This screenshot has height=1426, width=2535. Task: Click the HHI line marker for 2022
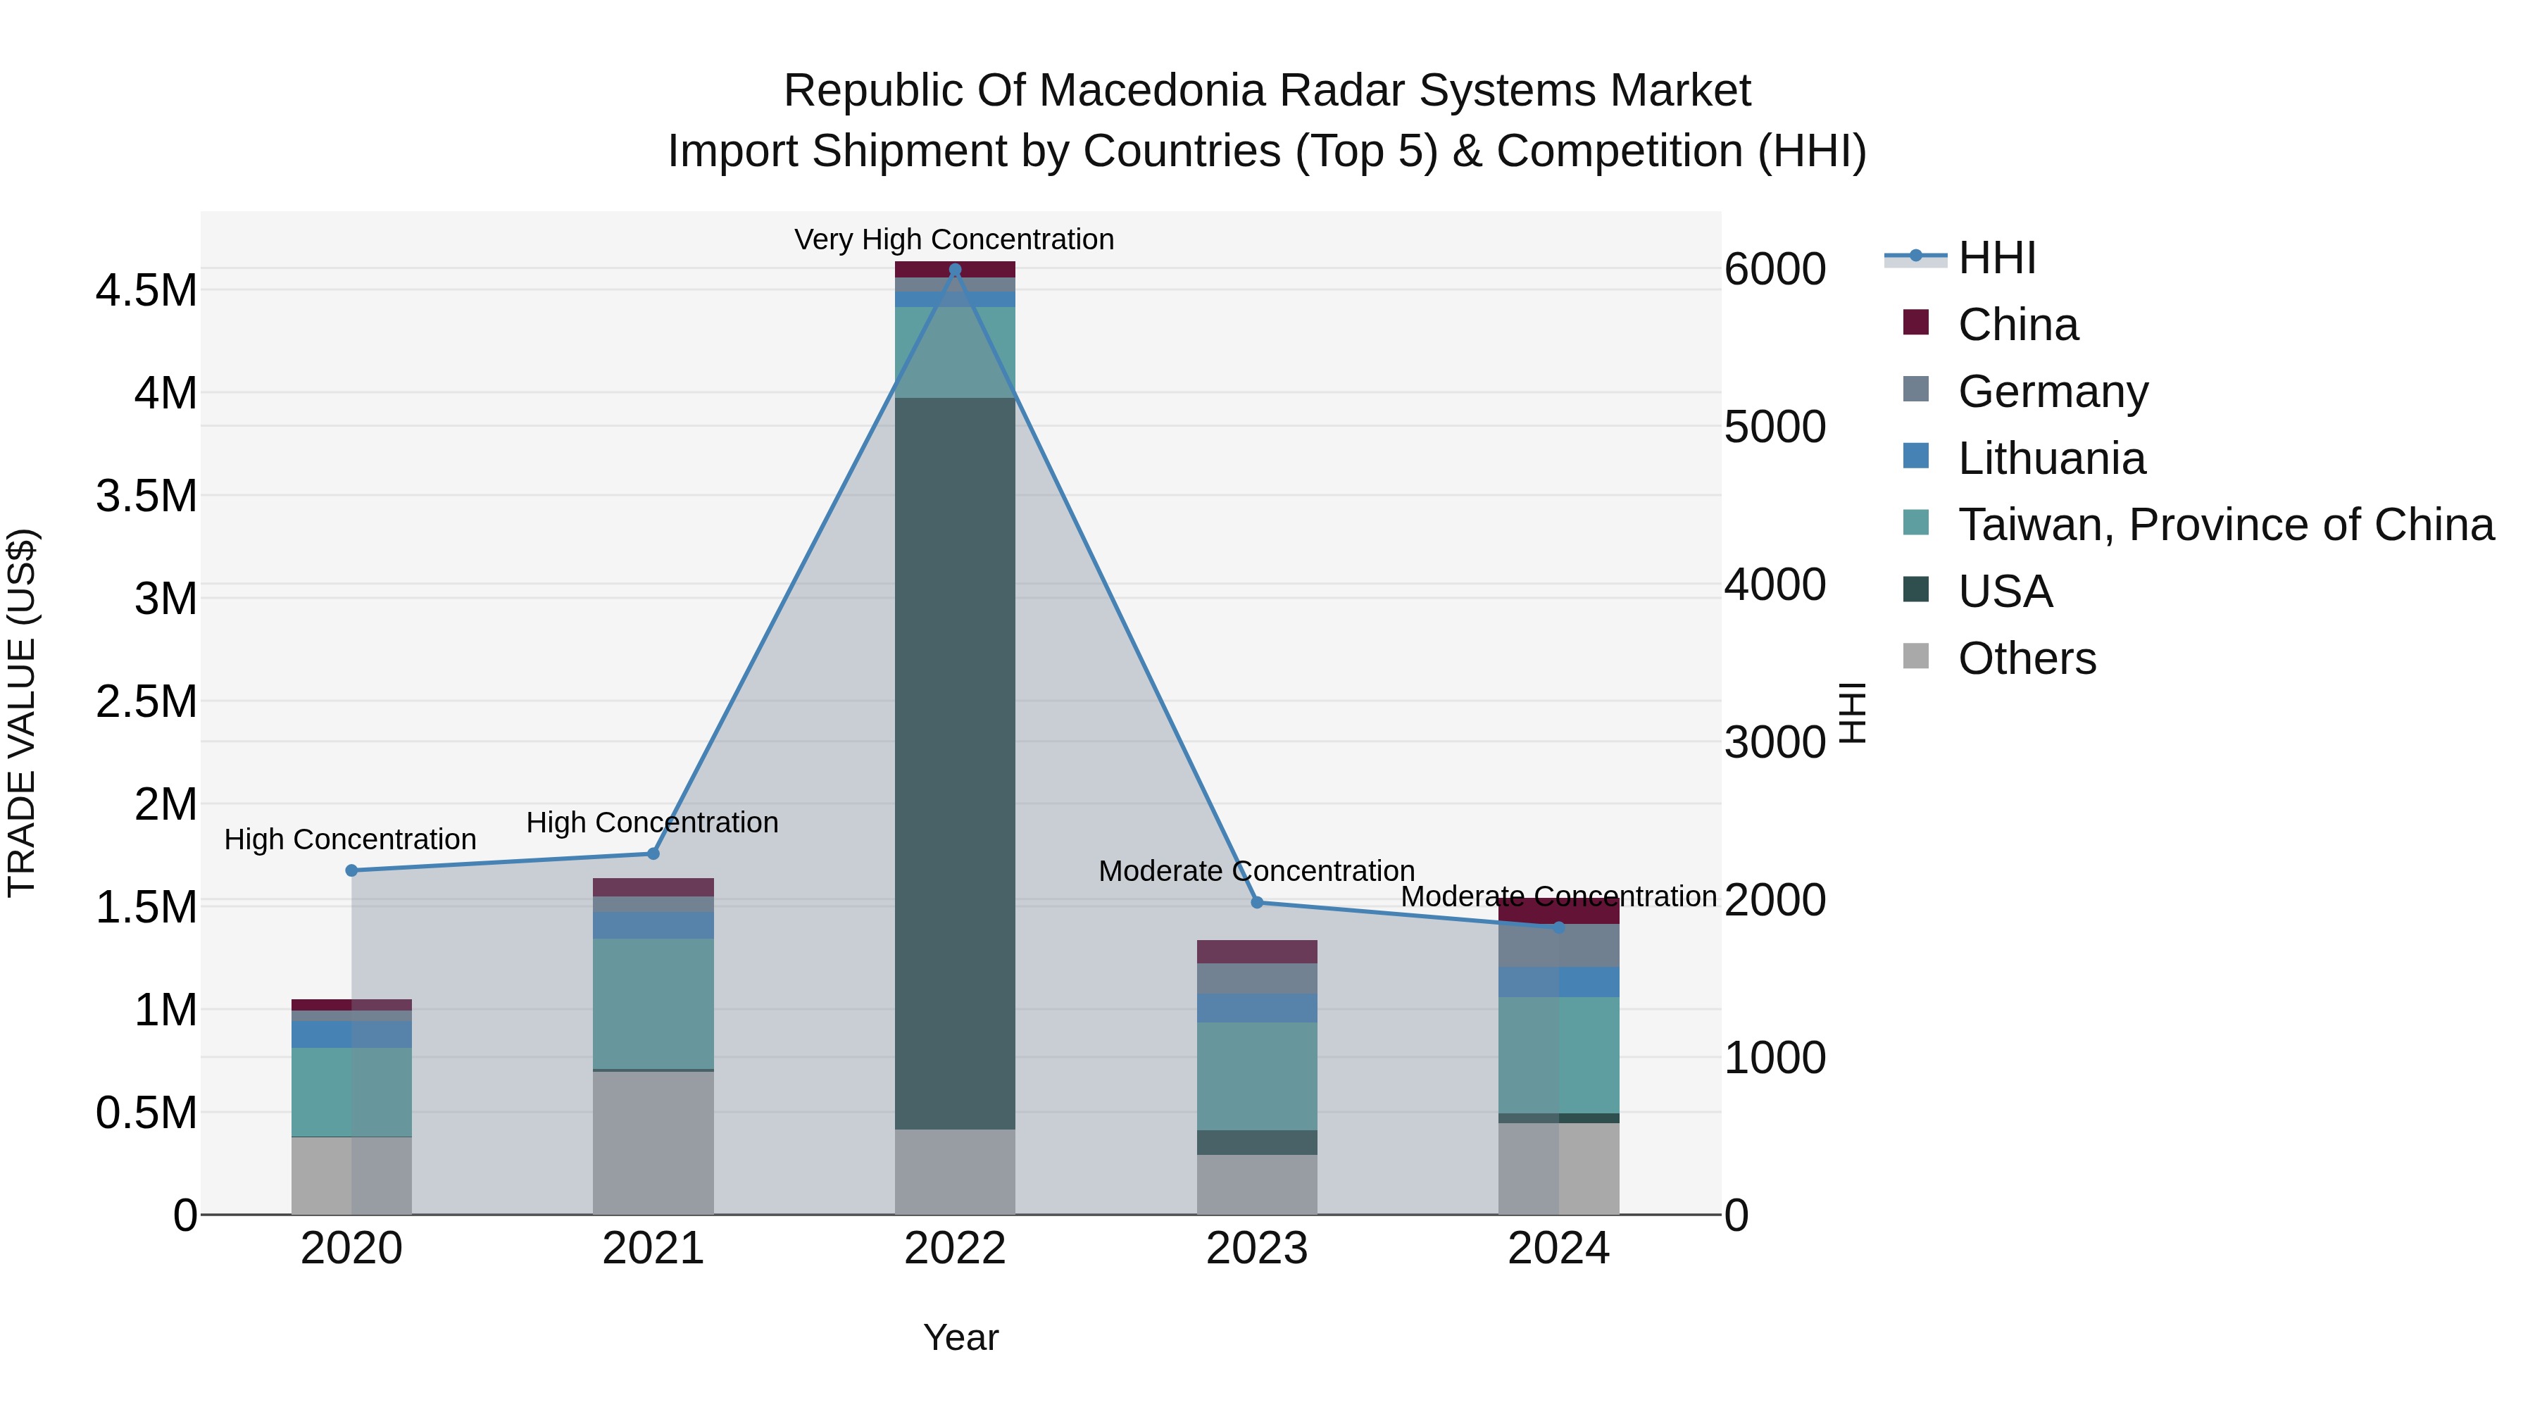click(x=955, y=270)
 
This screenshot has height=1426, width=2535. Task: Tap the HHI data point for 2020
click(x=351, y=870)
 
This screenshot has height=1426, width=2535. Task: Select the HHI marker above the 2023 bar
click(x=1257, y=903)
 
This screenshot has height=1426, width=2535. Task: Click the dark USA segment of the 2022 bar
click(x=955, y=763)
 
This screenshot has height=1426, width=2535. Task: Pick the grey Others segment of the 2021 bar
click(x=653, y=1142)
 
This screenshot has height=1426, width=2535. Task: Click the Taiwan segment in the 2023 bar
click(x=1257, y=1075)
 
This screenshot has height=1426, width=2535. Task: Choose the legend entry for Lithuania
click(x=2051, y=458)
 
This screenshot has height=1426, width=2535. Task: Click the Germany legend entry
click(x=2053, y=392)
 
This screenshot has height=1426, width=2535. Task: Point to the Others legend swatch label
click(x=2026, y=658)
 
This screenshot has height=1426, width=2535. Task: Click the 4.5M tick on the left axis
click(x=146, y=292)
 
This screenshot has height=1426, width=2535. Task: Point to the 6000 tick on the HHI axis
click(x=1775, y=269)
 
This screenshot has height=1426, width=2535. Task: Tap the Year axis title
click(x=960, y=1337)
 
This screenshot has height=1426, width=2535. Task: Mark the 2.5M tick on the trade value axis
click(x=146, y=701)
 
